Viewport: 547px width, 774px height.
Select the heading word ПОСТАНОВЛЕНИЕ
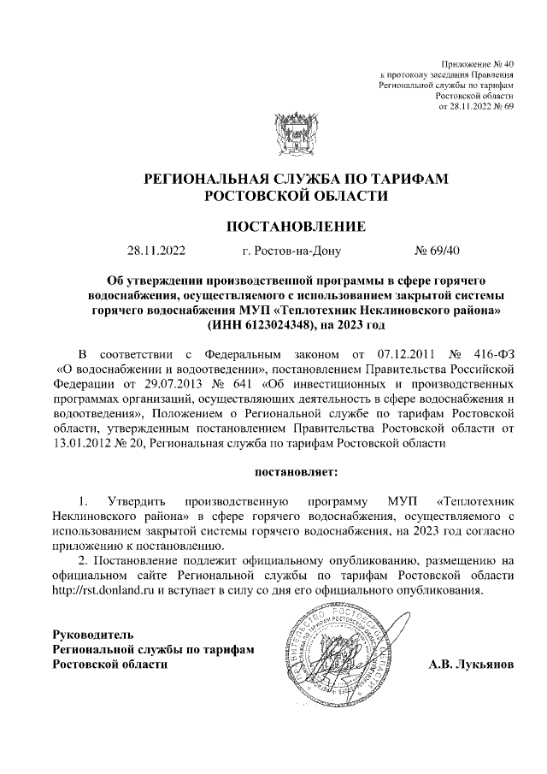295,227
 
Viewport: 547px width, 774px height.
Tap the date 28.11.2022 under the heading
156,251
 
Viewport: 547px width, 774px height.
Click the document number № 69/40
437,251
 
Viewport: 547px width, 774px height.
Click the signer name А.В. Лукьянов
470,665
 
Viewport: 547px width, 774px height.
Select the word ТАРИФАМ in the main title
402,178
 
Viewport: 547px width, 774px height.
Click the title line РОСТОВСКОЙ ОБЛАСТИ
295,196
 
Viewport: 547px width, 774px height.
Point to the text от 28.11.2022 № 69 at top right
475,106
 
